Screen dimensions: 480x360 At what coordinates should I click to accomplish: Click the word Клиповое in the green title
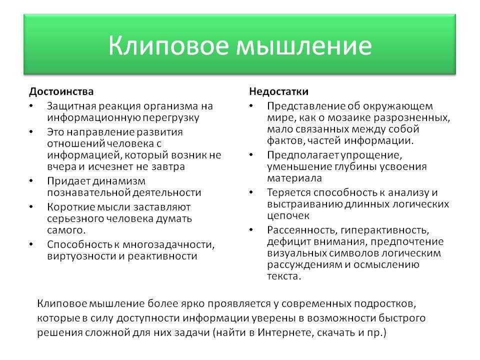click(x=168, y=45)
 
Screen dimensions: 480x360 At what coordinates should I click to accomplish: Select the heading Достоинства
click(x=61, y=91)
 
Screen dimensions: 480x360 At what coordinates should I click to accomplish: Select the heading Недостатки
click(x=279, y=91)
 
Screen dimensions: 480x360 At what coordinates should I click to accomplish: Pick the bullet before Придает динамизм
click(x=31, y=181)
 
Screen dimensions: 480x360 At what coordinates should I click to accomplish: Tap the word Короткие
click(x=71, y=207)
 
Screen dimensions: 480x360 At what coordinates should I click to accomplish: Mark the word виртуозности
click(x=81, y=256)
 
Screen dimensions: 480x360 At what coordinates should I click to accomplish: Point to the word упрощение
click(x=371, y=155)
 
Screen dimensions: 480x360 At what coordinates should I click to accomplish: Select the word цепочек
click(x=288, y=216)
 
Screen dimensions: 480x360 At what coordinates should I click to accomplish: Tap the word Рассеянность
click(x=302, y=230)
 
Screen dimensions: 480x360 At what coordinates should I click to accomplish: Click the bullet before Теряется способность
click(x=251, y=192)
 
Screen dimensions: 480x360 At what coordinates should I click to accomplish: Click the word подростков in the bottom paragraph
click(x=385, y=304)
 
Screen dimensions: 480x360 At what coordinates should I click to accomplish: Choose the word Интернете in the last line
click(x=284, y=332)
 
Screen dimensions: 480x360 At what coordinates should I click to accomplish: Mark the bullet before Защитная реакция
click(x=31, y=106)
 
